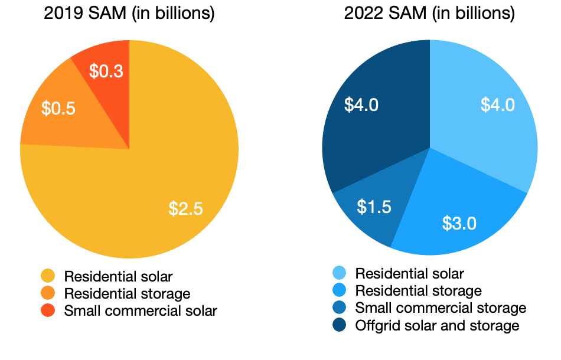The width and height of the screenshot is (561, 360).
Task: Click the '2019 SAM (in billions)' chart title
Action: click(x=129, y=14)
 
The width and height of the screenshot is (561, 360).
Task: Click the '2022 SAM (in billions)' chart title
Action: click(x=429, y=14)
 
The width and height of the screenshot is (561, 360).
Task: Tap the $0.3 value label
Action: click(x=106, y=71)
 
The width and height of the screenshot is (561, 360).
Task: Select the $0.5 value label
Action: click(x=58, y=109)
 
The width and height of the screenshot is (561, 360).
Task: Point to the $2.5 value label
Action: click(x=186, y=208)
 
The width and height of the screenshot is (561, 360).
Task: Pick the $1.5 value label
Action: click(x=374, y=207)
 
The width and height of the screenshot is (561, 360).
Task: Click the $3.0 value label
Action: click(x=459, y=223)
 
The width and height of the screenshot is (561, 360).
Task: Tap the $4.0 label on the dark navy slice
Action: click(x=361, y=105)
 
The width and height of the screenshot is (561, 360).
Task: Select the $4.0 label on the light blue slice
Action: click(x=497, y=105)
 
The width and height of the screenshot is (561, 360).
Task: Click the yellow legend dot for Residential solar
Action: click(x=48, y=276)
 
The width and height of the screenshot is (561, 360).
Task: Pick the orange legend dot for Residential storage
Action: click(x=48, y=293)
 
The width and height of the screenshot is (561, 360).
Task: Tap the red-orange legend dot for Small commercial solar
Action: click(x=48, y=310)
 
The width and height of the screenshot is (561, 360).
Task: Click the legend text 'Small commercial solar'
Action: click(x=141, y=310)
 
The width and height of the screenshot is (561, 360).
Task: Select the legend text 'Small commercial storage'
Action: click(x=440, y=307)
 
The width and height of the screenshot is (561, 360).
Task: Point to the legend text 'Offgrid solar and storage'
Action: click(x=437, y=325)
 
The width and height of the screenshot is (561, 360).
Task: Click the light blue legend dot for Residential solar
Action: click(x=339, y=273)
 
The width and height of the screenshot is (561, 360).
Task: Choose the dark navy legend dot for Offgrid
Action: click(x=339, y=325)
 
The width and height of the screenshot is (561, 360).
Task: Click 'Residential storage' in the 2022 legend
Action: click(x=418, y=290)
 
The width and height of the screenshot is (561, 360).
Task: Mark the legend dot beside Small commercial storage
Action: click(x=339, y=307)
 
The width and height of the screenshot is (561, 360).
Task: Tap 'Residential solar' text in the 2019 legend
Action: click(x=118, y=276)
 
